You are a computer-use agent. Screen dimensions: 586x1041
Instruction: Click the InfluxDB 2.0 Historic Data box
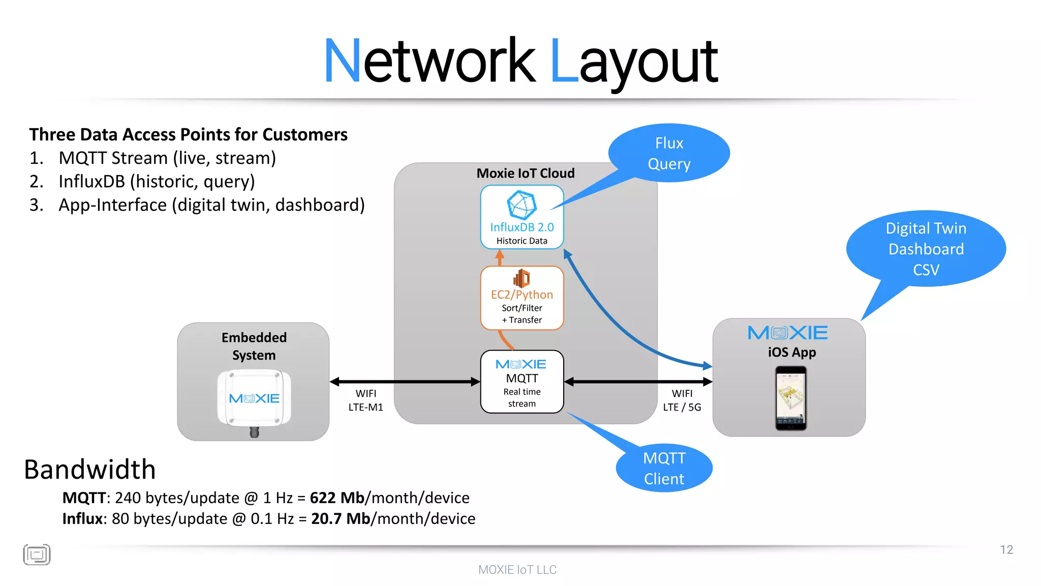[522, 217]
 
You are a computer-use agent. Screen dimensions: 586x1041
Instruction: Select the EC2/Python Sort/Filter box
[522, 298]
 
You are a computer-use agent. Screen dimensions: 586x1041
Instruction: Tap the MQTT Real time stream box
[522, 382]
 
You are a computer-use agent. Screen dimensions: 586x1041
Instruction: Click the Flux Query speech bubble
[669, 153]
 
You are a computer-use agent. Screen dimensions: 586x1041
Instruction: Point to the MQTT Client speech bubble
[664, 468]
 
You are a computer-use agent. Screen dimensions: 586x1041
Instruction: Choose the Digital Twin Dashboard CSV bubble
[926, 249]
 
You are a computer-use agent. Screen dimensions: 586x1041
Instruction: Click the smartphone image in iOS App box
[791, 398]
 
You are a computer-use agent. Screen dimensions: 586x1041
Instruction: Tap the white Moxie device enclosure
[254, 398]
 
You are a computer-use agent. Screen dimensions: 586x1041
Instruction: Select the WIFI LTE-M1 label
[365, 400]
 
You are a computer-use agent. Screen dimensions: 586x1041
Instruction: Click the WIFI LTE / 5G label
[682, 400]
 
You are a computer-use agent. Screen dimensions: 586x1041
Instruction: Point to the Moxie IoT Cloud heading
[525, 173]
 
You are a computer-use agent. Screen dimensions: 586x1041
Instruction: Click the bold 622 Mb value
[337, 497]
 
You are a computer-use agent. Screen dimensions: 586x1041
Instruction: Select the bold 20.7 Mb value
[340, 518]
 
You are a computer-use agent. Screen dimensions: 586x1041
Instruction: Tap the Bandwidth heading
[90, 469]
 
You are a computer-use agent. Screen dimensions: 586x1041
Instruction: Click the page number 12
[1006, 550]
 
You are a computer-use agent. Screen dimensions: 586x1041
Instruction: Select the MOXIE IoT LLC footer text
[517, 570]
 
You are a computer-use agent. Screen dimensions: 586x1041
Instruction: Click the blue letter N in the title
[342, 61]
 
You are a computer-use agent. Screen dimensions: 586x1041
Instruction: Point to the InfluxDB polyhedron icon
[522, 205]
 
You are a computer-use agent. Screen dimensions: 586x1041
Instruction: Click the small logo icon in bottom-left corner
[37, 554]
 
